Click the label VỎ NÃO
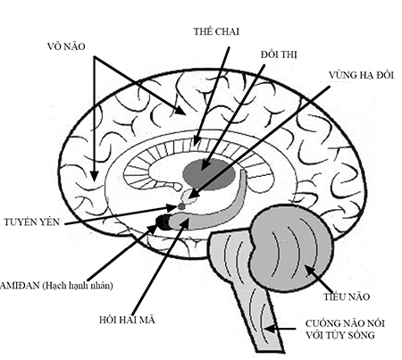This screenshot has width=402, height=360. tap(66, 46)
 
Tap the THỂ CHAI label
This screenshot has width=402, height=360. tap(216, 31)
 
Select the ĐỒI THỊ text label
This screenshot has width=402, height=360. tap(279, 54)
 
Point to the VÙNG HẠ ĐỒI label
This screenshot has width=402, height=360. tap(361, 75)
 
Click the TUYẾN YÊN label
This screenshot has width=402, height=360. tap(32, 222)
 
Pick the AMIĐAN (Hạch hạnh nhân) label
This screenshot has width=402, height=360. tap(56, 286)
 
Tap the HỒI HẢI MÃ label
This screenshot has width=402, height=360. tap(127, 320)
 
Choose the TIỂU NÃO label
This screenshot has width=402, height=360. tap(347, 297)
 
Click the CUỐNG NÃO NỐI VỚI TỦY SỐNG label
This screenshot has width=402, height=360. tap(345, 329)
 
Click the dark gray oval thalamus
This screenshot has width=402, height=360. tap(209, 174)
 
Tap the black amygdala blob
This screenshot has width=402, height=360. tap(163, 222)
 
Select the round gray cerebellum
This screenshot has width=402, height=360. tap(291, 249)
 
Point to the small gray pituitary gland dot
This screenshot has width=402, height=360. tap(181, 205)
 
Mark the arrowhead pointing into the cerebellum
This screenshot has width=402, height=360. tap(309, 270)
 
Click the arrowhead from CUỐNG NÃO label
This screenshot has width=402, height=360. tap(269, 329)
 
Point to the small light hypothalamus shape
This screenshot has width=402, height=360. tap(188, 196)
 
